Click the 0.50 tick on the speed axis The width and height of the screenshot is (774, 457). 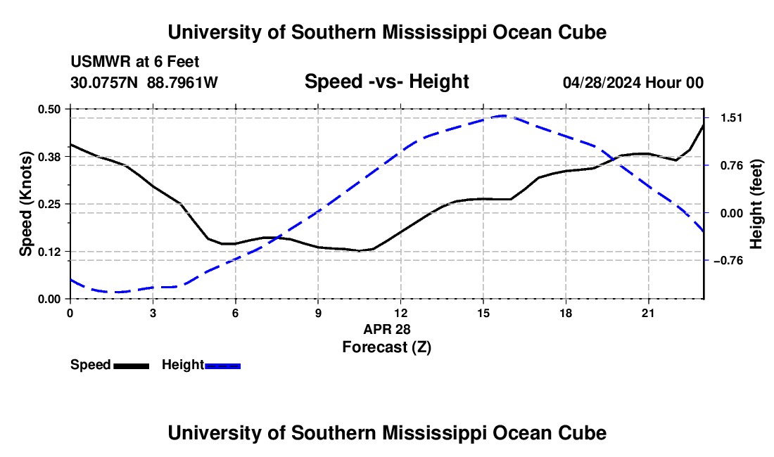pyautogui.click(x=49, y=109)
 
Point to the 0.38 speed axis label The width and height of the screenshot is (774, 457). pyautogui.click(x=49, y=157)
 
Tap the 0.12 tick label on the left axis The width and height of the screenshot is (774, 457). pyautogui.click(x=49, y=252)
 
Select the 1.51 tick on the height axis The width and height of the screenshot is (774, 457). pyautogui.click(x=732, y=118)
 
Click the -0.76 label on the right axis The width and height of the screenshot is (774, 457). pyautogui.click(x=728, y=261)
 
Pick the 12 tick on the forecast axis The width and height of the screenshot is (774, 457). pyautogui.click(x=401, y=313)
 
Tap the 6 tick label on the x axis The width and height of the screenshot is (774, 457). pyautogui.click(x=236, y=313)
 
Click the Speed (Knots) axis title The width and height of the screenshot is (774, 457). pyautogui.click(x=25, y=204)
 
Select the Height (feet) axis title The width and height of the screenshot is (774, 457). pyautogui.click(x=756, y=204)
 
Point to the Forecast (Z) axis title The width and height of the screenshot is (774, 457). pyautogui.click(x=386, y=347)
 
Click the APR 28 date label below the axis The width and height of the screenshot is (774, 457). pyautogui.click(x=387, y=329)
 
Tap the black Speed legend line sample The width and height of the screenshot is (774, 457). pyautogui.click(x=132, y=366)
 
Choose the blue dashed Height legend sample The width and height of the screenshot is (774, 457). pyautogui.click(x=222, y=366)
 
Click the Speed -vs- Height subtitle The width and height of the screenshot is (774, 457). pyautogui.click(x=386, y=82)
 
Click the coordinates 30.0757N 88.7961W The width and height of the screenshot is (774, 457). pyautogui.click(x=144, y=82)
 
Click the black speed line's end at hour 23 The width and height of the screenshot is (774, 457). pyautogui.click(x=703, y=124)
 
